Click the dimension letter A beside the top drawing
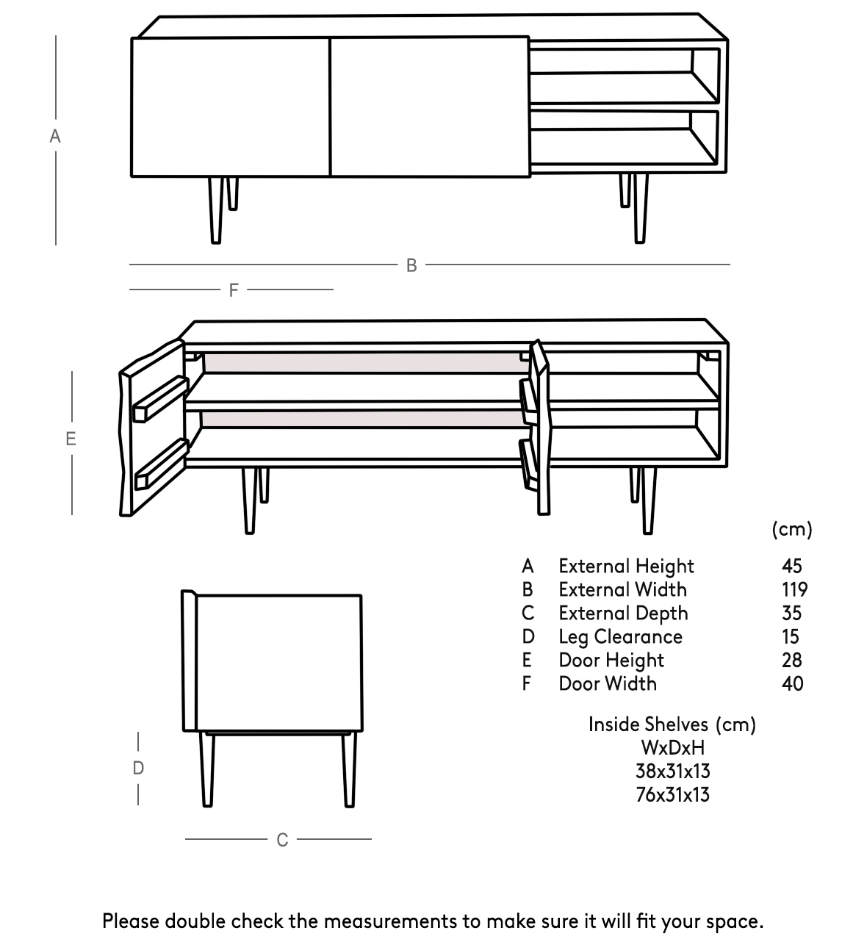54,137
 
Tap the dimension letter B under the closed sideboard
411,265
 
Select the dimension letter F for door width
234,290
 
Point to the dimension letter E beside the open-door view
71,439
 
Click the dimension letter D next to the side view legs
138,769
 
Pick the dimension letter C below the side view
282,840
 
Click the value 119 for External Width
794,590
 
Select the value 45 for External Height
792,567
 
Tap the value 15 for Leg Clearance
791,637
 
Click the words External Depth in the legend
623,614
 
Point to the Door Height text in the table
611,661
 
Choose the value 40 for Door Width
793,684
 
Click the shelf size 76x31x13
672,795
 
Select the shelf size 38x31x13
672,772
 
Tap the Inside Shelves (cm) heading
672,725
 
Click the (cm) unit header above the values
792,529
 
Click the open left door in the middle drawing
151,430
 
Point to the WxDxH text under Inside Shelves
672,748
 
